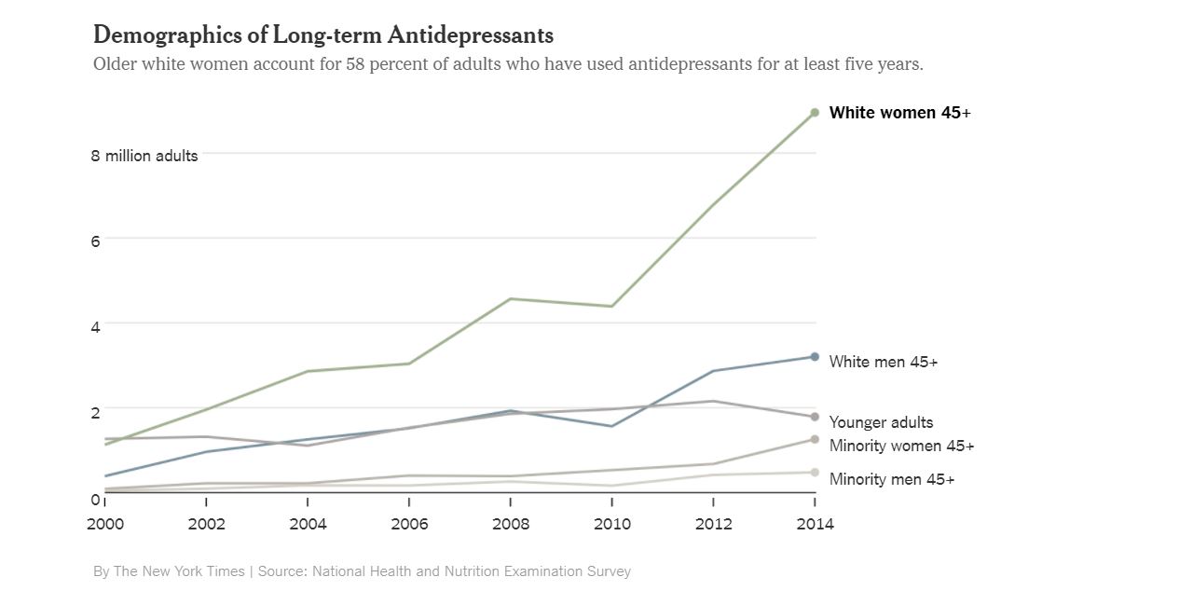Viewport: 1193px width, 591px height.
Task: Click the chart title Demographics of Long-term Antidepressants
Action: [322, 35]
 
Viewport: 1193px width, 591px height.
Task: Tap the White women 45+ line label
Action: [899, 113]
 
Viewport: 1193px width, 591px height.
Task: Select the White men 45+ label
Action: [883, 362]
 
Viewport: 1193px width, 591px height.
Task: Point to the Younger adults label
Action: [881, 422]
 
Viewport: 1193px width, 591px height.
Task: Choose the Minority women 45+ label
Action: [901, 446]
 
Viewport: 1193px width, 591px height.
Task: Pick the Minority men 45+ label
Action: [891, 479]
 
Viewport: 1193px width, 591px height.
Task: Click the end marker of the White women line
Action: [815, 113]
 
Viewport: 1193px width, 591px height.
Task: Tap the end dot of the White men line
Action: [815, 357]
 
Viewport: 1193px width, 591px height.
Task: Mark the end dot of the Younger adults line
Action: [815, 417]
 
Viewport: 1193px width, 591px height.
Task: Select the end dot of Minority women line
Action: [815, 439]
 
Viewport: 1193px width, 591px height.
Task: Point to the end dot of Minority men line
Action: [815, 473]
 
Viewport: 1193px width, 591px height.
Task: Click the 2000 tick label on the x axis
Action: [105, 524]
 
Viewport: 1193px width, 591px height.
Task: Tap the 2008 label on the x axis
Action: [511, 524]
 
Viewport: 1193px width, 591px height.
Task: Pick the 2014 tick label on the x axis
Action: [815, 524]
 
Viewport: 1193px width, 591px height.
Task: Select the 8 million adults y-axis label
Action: [144, 156]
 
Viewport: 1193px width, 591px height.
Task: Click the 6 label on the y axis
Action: [95, 241]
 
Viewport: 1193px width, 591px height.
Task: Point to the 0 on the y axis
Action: [95, 499]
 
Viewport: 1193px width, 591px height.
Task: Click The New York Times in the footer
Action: [179, 571]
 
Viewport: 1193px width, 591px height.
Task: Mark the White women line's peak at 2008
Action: [511, 298]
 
